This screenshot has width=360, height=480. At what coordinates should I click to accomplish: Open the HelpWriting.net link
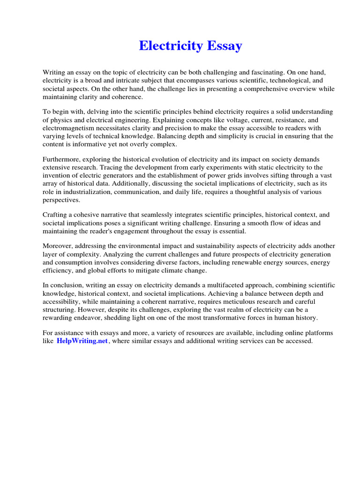coord(82,341)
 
